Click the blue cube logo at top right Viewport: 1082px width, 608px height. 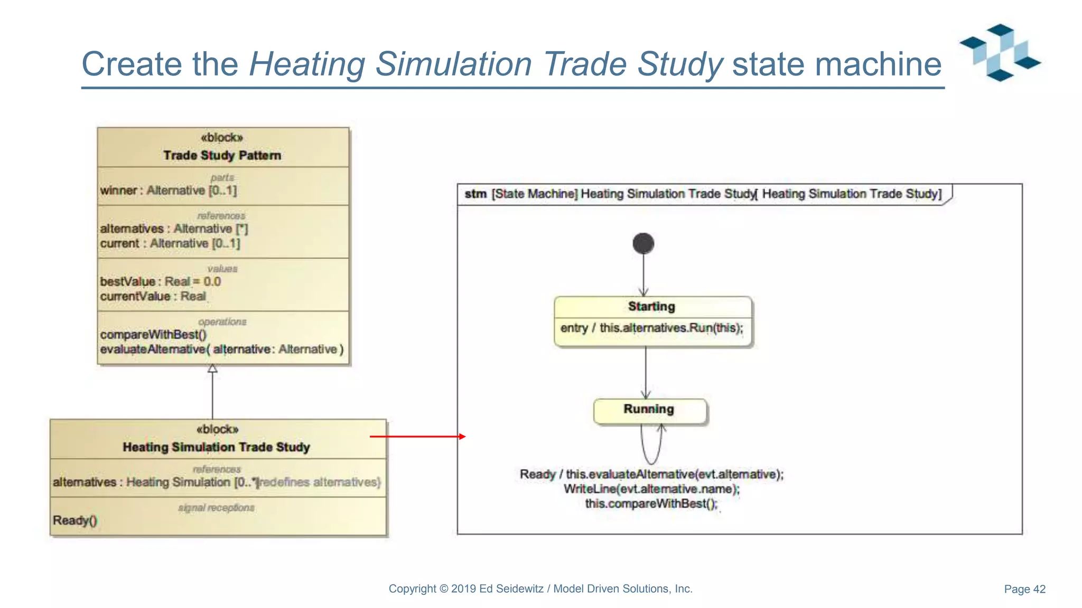[x=1000, y=52]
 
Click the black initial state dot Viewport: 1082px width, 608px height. [x=643, y=243]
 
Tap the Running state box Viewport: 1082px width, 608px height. [x=649, y=411]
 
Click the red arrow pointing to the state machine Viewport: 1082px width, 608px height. [x=417, y=436]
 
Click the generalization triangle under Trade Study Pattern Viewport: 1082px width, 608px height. [x=212, y=368]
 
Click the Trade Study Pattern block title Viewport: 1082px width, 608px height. [x=222, y=155]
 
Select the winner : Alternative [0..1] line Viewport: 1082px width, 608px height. [x=169, y=191]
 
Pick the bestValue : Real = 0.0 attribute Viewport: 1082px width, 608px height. [x=161, y=281]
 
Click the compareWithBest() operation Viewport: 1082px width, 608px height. [x=153, y=335]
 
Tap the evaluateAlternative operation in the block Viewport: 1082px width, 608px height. [x=221, y=349]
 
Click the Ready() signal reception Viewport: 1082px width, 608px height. [x=75, y=520]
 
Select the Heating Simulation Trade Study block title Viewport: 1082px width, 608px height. [x=217, y=447]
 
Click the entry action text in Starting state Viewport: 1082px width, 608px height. [x=651, y=328]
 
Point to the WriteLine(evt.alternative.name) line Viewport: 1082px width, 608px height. [x=651, y=489]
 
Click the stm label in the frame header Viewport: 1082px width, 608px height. [x=475, y=194]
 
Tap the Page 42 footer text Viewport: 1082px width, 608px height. [x=1024, y=589]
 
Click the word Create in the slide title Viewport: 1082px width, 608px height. [x=131, y=64]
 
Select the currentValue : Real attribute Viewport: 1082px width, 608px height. [x=153, y=296]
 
